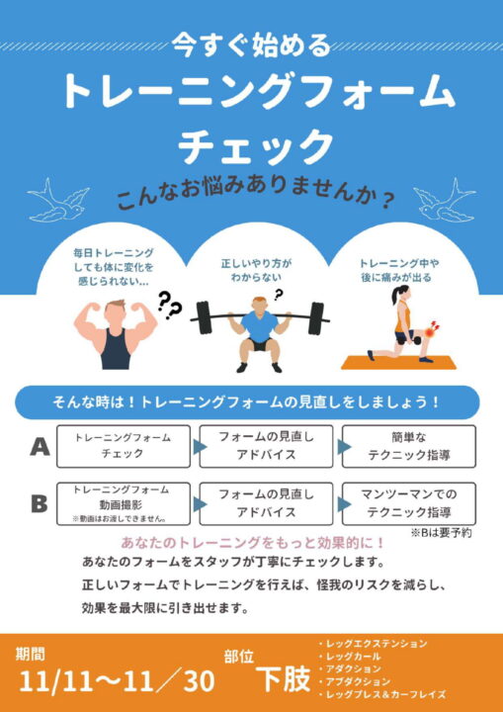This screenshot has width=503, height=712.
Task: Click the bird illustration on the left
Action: (x=59, y=200)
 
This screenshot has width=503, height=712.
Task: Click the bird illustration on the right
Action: (x=444, y=200)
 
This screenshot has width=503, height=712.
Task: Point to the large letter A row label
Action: (x=40, y=447)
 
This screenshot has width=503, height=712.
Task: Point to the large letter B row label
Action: (x=40, y=504)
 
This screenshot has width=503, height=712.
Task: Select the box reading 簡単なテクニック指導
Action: (x=409, y=446)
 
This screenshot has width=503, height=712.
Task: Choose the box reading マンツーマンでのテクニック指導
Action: (x=409, y=504)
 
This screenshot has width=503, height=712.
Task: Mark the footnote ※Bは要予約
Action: (x=442, y=533)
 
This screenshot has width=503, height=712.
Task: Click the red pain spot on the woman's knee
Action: (x=430, y=334)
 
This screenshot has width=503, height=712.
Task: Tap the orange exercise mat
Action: (x=399, y=362)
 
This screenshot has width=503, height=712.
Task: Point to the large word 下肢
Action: (x=284, y=678)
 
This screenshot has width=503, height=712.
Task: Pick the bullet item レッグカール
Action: (x=350, y=657)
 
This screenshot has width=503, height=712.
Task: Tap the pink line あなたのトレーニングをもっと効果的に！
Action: (x=252, y=543)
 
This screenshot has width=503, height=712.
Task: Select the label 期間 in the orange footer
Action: (x=31, y=655)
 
